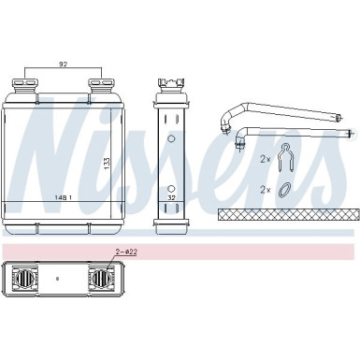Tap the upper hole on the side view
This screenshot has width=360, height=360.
[x=170, y=139]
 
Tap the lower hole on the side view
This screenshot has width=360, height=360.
[x=170, y=180]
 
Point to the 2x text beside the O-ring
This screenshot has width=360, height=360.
[x=266, y=190]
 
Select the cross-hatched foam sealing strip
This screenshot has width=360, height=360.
[x=284, y=214]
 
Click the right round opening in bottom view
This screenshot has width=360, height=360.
[x=100, y=279]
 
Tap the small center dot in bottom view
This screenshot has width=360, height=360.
[x=57, y=279]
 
